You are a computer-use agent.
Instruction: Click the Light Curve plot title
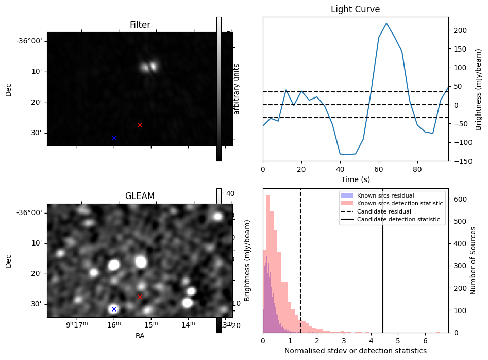(355, 9)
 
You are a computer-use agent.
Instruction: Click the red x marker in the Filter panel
(140, 125)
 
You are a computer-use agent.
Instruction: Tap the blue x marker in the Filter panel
(114, 138)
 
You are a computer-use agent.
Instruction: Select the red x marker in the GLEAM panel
(140, 297)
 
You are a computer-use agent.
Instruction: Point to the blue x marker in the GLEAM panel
(114, 309)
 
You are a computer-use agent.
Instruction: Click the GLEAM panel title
(140, 196)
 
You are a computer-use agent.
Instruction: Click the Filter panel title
(140, 25)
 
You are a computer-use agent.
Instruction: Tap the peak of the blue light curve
(386, 23)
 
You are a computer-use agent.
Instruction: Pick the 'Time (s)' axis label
(355, 179)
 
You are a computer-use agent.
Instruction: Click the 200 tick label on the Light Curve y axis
(460, 30)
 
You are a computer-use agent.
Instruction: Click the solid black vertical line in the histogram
(383, 268)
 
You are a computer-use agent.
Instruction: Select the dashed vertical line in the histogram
(300, 268)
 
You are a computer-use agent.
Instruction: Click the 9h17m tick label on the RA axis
(77, 324)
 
